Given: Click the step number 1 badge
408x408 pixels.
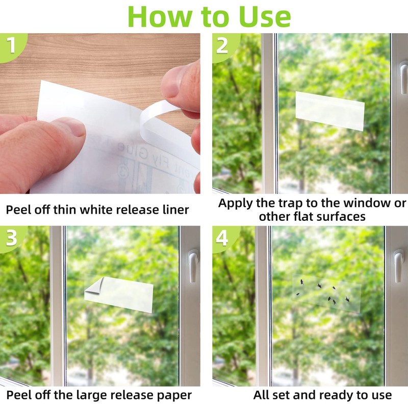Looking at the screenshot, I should tap(10, 45).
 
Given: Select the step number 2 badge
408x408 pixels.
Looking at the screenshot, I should tap(222, 45).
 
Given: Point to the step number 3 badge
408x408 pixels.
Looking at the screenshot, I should tap(11, 238).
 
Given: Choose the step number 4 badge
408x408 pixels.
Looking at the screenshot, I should tap(223, 238).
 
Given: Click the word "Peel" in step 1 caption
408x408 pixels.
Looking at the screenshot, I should tap(19, 210).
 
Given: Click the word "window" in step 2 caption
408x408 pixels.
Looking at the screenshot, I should tap(359, 203).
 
